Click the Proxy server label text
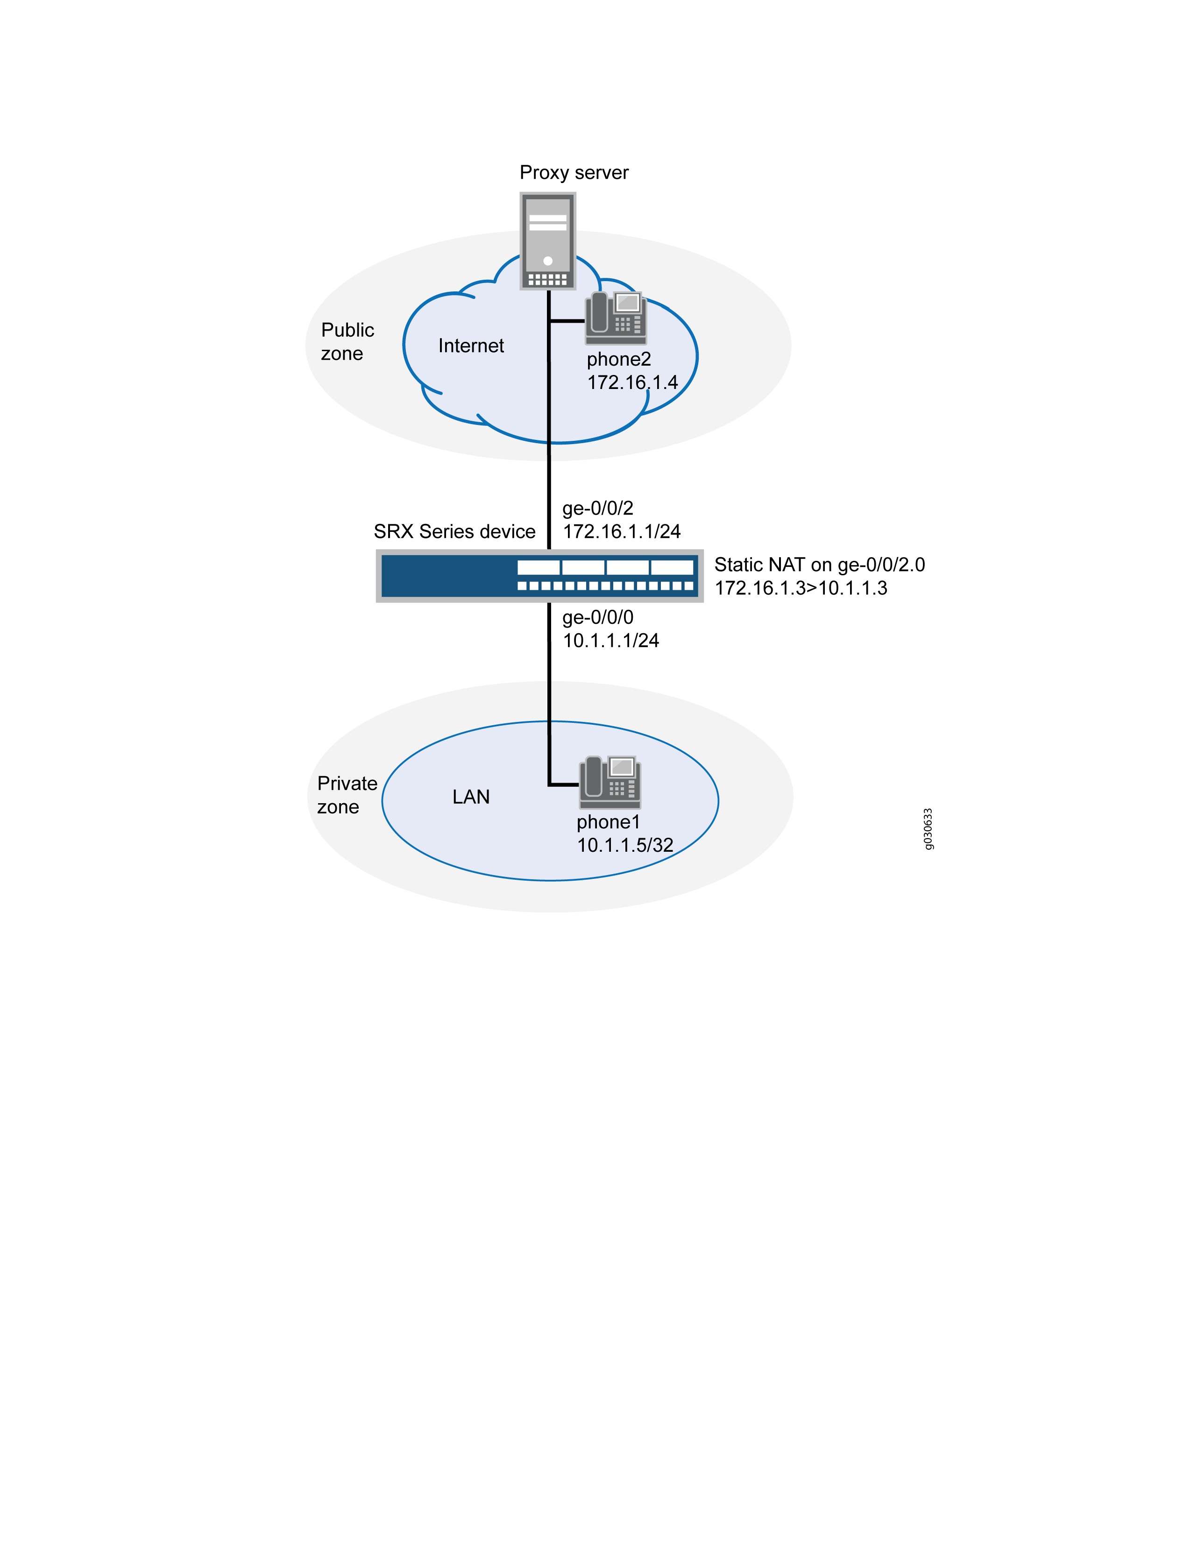click(x=574, y=173)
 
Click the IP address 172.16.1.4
click(x=632, y=382)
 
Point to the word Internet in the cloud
click(x=471, y=346)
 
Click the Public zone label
click(x=347, y=341)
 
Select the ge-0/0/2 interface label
click(x=598, y=508)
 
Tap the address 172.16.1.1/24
click(x=622, y=531)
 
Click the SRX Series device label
click(x=454, y=531)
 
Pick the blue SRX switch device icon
click(x=540, y=576)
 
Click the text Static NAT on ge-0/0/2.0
click(x=819, y=565)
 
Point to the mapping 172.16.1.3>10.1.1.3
click(x=801, y=588)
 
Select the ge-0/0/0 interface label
click(x=598, y=617)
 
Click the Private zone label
click(x=347, y=795)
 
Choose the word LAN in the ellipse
click(x=471, y=797)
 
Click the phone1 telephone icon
click(x=610, y=782)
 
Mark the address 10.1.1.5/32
click(x=625, y=845)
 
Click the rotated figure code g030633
click(x=928, y=829)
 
